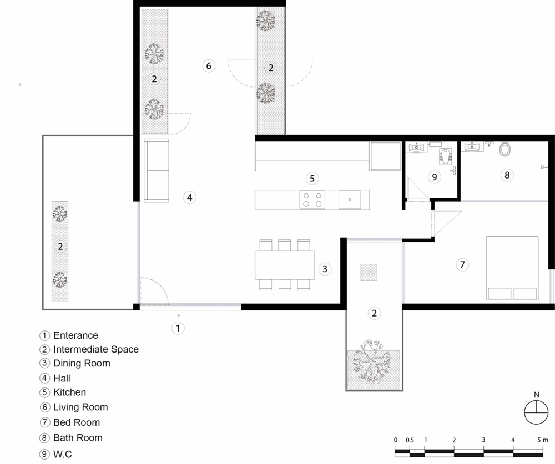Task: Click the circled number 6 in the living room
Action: click(209, 66)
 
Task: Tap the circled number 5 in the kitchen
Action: click(312, 179)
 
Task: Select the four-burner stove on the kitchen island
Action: click(312, 200)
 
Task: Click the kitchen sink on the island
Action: click(350, 200)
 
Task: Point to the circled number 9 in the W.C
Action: click(435, 177)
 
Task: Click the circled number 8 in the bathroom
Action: click(507, 175)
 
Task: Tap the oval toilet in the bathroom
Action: click(505, 149)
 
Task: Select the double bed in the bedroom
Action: click(512, 268)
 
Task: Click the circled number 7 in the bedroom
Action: click(462, 264)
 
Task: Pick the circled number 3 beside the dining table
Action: click(325, 269)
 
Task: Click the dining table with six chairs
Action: click(285, 265)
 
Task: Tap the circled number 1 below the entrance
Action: click(178, 328)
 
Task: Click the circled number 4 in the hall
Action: click(190, 197)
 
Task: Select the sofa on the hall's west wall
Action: click(156, 170)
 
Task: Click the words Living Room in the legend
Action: click(80, 407)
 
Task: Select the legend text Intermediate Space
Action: click(96, 349)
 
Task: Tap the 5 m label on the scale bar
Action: click(542, 440)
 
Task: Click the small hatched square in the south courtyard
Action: click(369, 272)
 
